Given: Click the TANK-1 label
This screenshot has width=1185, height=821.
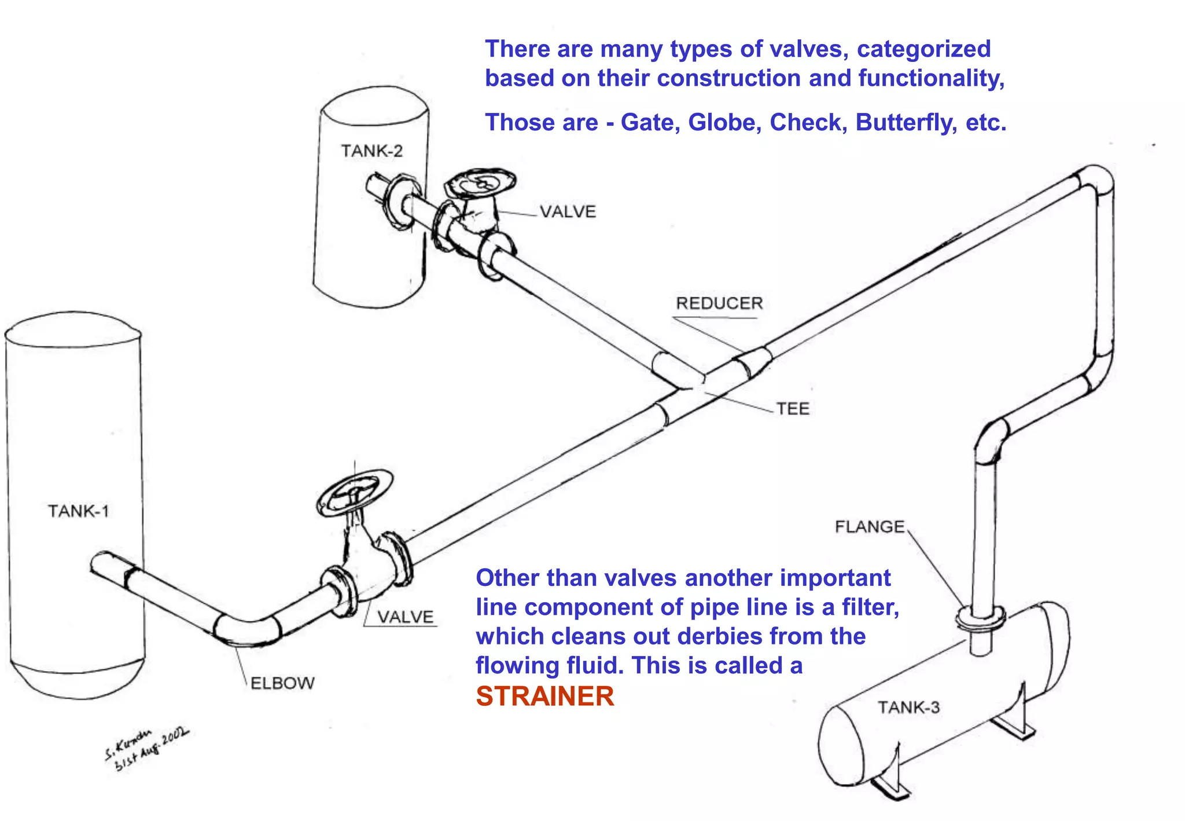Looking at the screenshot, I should tap(78, 511).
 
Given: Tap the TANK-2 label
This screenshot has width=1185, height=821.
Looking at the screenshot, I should tap(371, 151).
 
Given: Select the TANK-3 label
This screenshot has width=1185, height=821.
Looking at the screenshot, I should tap(908, 707).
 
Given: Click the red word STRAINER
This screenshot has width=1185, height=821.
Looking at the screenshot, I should tap(544, 696).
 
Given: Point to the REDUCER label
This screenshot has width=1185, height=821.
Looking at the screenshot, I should tap(719, 303).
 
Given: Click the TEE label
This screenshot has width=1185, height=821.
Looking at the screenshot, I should tap(792, 409).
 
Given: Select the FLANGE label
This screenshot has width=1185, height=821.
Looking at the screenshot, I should tap(869, 526).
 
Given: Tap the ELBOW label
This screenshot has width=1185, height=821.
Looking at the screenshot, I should tap(282, 683).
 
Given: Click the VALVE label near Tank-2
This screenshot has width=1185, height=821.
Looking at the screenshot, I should tap(568, 212).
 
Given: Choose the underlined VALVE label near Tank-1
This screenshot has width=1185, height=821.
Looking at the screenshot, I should tap(405, 617).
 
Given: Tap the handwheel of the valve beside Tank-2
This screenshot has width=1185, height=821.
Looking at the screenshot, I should tap(480, 184).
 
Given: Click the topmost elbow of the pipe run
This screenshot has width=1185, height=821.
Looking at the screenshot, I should tap(1095, 177).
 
